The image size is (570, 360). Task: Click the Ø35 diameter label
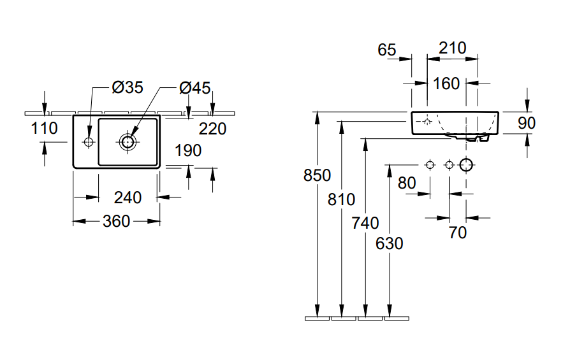(128, 88)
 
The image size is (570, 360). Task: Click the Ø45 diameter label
(194, 88)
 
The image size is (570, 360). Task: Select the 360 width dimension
(116, 221)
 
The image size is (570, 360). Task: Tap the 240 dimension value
(128, 198)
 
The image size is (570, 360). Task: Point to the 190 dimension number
(188, 150)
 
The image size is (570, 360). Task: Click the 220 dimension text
(212, 129)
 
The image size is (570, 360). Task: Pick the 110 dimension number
(44, 128)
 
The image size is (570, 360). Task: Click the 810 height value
(342, 199)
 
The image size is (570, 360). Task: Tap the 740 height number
(365, 223)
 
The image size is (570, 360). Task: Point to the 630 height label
(389, 243)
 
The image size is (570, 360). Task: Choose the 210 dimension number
(453, 48)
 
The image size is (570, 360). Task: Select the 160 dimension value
(446, 83)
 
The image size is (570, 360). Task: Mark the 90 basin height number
(527, 123)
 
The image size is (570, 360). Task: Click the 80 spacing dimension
(406, 183)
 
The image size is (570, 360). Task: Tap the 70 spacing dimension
(458, 233)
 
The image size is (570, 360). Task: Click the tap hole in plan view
(88, 141)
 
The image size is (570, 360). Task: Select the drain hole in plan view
(128, 141)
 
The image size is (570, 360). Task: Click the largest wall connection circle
(467, 165)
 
